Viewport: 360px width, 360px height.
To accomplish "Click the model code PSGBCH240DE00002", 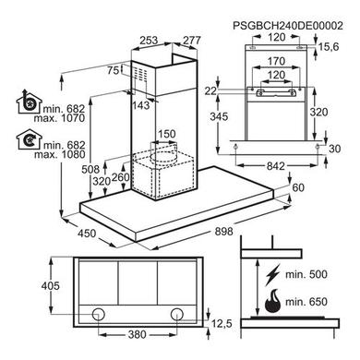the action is pyautogui.click(x=288, y=26).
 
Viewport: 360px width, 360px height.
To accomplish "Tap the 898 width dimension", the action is pyautogui.click(x=223, y=232).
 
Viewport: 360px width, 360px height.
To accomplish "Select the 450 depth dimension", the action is pyautogui.click(x=87, y=234).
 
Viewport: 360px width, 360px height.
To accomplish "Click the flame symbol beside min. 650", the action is pyautogui.click(x=273, y=301).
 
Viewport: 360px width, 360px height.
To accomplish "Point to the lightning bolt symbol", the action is pyautogui.click(x=273, y=274).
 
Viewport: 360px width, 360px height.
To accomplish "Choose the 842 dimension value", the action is pyautogui.click(x=275, y=166).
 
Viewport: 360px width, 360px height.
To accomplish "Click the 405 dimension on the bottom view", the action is pyautogui.click(x=51, y=286).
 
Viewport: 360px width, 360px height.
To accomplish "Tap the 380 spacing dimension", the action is pyautogui.click(x=137, y=334).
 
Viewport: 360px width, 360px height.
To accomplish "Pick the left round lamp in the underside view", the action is pyautogui.click(x=99, y=314).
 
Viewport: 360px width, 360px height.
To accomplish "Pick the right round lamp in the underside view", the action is pyautogui.click(x=177, y=314).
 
